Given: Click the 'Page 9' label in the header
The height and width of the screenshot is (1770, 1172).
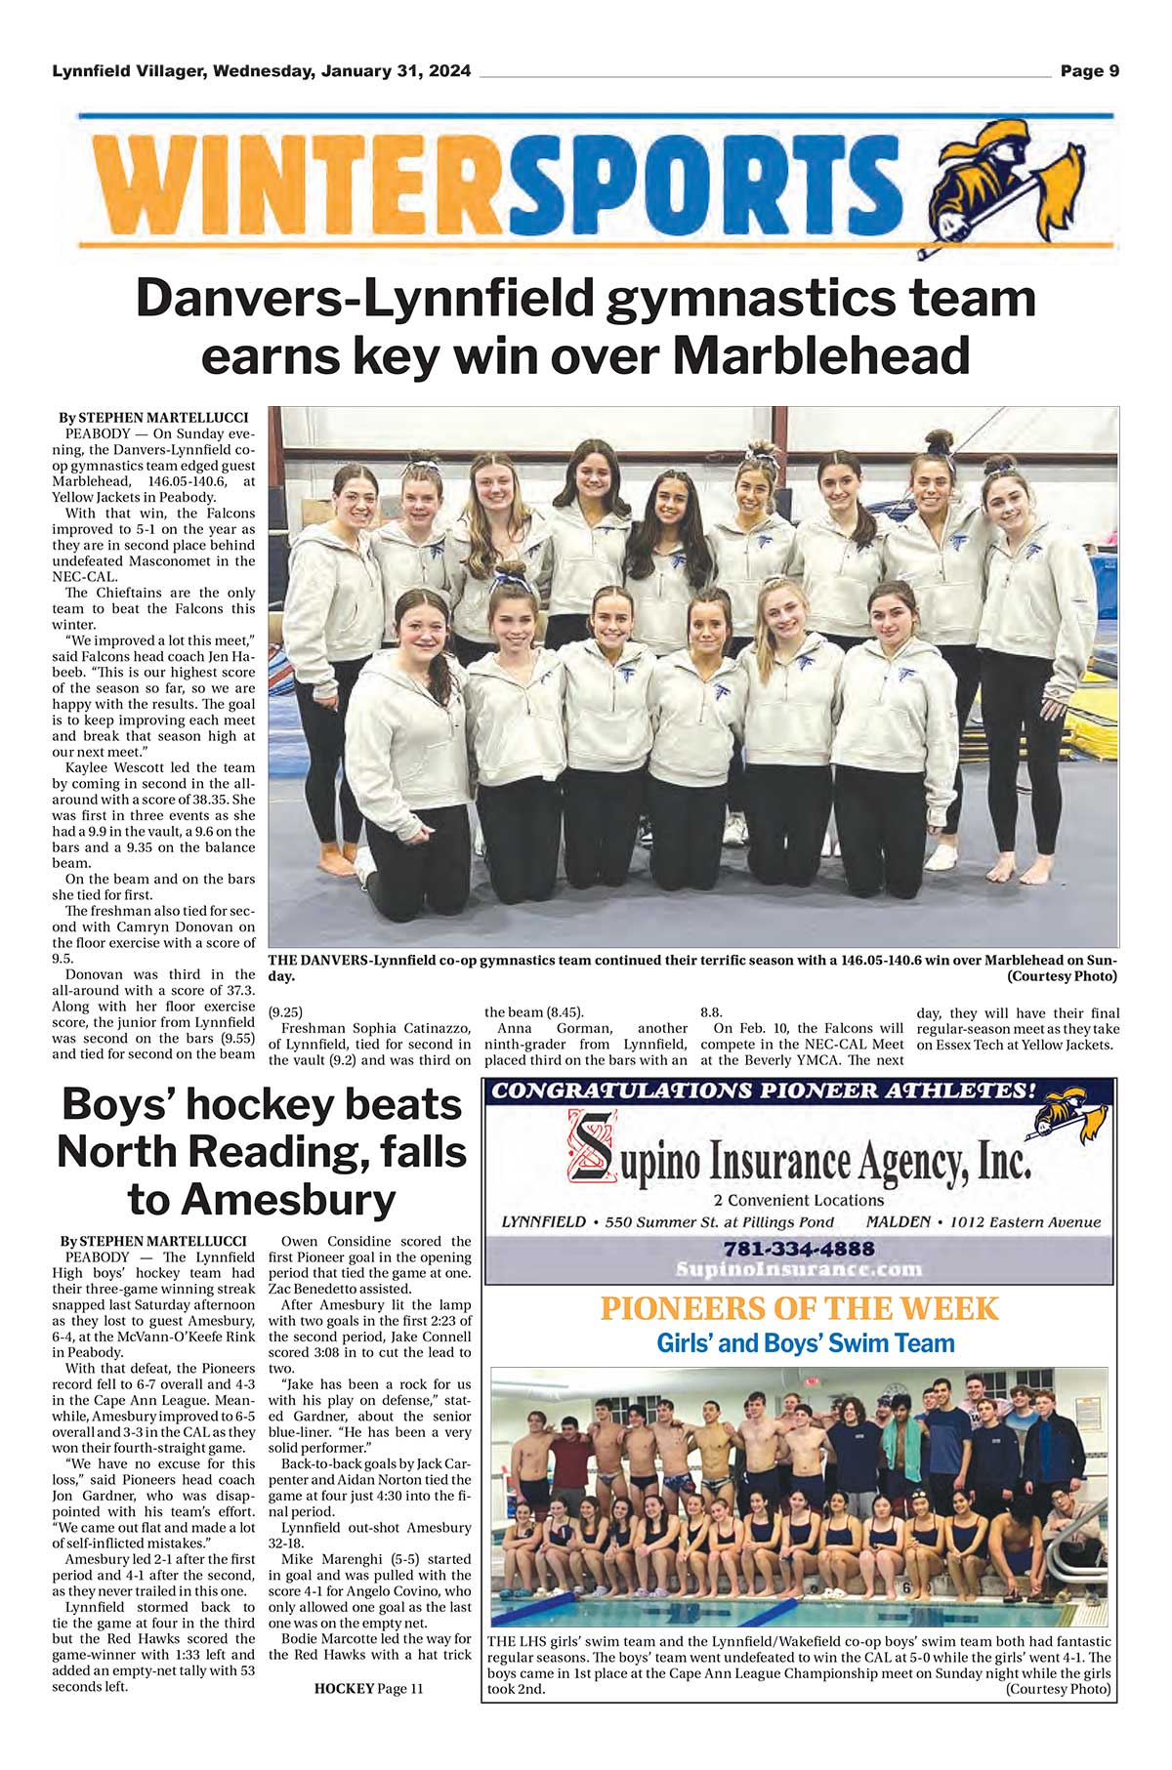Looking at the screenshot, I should pyautogui.click(x=1089, y=71).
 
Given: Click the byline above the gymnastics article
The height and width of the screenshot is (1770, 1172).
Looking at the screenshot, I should pyautogui.click(x=153, y=418).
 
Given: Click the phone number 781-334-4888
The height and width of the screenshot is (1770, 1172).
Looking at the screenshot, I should pyautogui.click(x=799, y=1249).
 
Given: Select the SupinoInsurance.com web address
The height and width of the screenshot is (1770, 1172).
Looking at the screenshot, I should pyautogui.click(x=799, y=1269).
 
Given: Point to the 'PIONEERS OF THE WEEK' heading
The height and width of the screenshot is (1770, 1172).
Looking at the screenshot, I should pyautogui.click(x=799, y=1308).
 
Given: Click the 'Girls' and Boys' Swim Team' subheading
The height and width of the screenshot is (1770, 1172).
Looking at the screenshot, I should pyautogui.click(x=805, y=1343).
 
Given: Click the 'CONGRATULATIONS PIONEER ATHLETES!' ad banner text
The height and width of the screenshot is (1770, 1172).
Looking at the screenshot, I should pyautogui.click(x=762, y=1091).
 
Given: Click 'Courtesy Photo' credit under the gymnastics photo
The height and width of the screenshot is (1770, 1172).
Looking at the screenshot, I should pyautogui.click(x=1062, y=976).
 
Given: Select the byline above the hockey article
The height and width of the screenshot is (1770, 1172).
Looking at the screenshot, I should pyautogui.click(x=153, y=1241).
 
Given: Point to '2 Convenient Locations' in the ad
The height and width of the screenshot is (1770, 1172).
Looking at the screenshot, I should pyautogui.click(x=798, y=1201).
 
